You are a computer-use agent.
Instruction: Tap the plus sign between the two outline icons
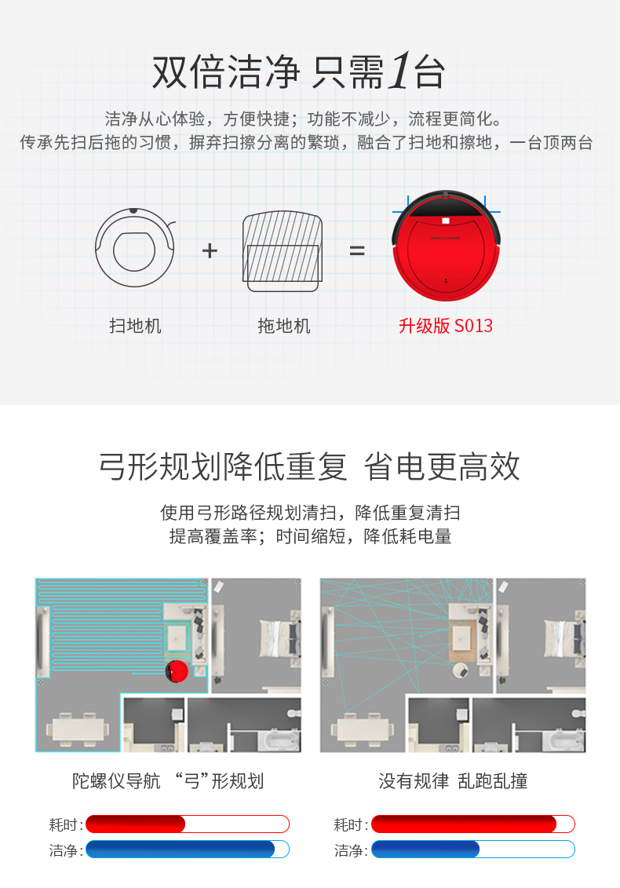coord(210,250)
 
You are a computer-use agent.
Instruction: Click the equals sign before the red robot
coord(357,250)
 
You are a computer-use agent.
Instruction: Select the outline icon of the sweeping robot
coord(135,247)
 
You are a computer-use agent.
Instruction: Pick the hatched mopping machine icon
coord(283,251)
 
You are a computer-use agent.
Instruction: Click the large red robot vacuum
coord(447,245)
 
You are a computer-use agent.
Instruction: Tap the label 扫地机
coord(135,326)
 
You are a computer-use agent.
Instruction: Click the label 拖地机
coord(283,326)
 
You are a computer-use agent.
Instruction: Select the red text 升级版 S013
coord(446,326)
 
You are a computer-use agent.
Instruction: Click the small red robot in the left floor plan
coord(177,671)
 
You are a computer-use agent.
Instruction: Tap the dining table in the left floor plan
coord(77,729)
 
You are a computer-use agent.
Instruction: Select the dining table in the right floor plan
coord(362,729)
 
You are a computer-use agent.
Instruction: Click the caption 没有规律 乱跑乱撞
coord(453,781)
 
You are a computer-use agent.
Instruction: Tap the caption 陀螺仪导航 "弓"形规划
coord(168,781)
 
